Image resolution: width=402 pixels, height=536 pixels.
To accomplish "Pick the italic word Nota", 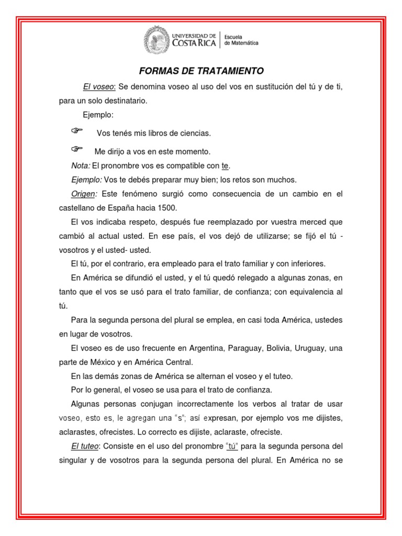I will (81, 166).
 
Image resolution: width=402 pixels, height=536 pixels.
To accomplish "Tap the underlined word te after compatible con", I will (225, 166).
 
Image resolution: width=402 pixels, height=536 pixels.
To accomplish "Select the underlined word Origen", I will (84, 194).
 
